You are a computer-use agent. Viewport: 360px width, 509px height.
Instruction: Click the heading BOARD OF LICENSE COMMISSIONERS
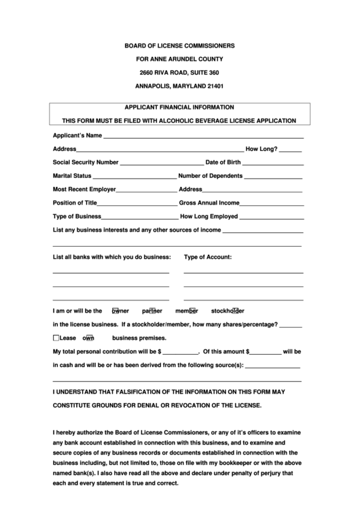coord(179,46)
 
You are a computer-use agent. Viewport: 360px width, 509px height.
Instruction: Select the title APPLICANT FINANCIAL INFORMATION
coord(179,107)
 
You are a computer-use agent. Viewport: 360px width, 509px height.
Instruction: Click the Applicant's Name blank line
coord(203,137)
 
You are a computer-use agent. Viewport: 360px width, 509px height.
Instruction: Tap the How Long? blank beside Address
coord(290,150)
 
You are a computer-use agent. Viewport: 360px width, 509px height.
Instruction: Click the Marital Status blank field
coord(134,177)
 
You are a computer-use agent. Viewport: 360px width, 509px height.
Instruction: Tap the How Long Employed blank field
coord(272,218)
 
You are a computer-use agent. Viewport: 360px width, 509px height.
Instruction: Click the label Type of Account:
coord(208,257)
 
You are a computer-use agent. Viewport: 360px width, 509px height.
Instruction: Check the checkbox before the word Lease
coord(56,338)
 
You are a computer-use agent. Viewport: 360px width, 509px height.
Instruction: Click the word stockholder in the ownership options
coord(228,311)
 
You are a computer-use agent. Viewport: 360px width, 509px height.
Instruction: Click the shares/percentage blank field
coord(291,326)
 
